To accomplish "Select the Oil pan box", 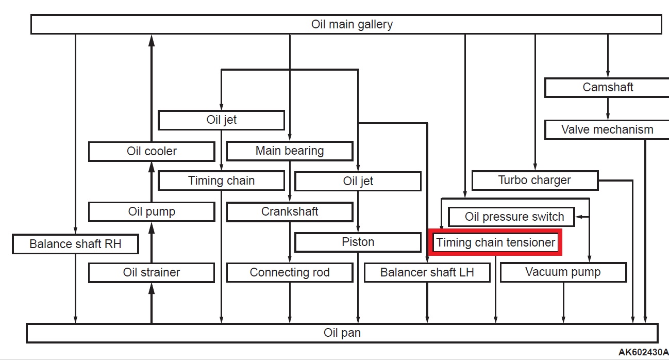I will click(x=342, y=333).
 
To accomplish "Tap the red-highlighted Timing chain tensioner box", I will click(x=495, y=242).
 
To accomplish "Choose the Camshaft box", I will click(x=607, y=87).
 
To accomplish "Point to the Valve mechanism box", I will click(x=607, y=129).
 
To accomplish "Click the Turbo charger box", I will click(x=534, y=180).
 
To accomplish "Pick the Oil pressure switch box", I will click(x=511, y=217).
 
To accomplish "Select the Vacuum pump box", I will click(x=563, y=272).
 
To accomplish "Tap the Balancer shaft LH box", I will click(x=427, y=272).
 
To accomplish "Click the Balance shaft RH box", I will click(x=75, y=244).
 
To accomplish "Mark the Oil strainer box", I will click(x=151, y=272).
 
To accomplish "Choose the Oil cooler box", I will click(x=151, y=151).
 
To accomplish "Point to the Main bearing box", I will click(x=290, y=151).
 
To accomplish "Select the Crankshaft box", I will click(x=290, y=211).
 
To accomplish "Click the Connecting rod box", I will click(x=290, y=272).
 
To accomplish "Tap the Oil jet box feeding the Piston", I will click(x=358, y=181).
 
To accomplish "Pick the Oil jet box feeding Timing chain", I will click(x=221, y=120).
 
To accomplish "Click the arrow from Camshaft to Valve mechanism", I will click(x=608, y=108).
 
